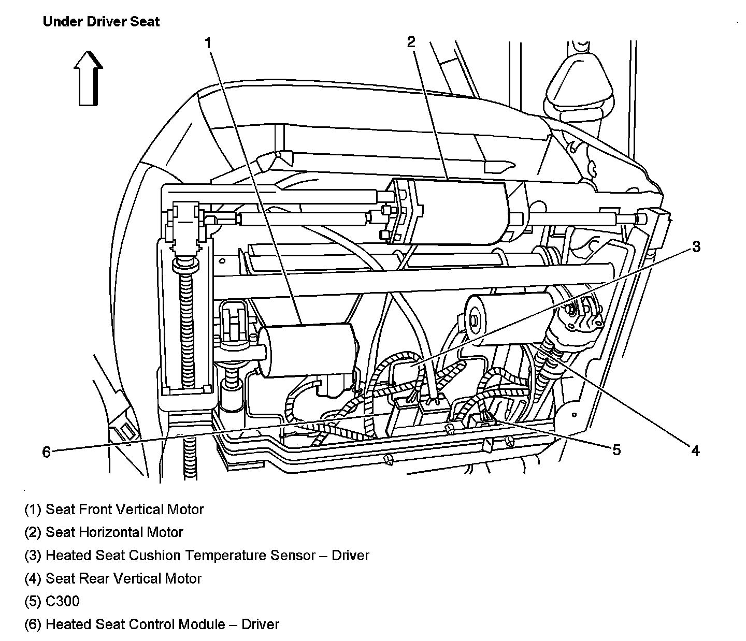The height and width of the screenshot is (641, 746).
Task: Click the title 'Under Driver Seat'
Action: click(x=101, y=22)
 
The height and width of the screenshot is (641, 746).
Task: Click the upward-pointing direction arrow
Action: click(x=88, y=79)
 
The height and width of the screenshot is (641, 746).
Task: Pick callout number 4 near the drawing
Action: click(x=695, y=451)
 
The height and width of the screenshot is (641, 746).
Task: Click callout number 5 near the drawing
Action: click(x=616, y=450)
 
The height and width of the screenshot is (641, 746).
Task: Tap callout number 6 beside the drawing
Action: click(x=47, y=453)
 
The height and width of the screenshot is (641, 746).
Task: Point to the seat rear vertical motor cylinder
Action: click(x=510, y=318)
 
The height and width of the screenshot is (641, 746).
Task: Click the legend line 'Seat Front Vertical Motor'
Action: click(x=114, y=509)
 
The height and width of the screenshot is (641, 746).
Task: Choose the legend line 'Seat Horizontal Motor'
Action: click(x=104, y=532)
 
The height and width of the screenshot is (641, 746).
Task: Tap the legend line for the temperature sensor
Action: click(x=197, y=556)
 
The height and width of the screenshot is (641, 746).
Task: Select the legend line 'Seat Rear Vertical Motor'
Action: click(x=113, y=578)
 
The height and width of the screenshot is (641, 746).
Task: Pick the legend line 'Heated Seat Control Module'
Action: click(x=152, y=624)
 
